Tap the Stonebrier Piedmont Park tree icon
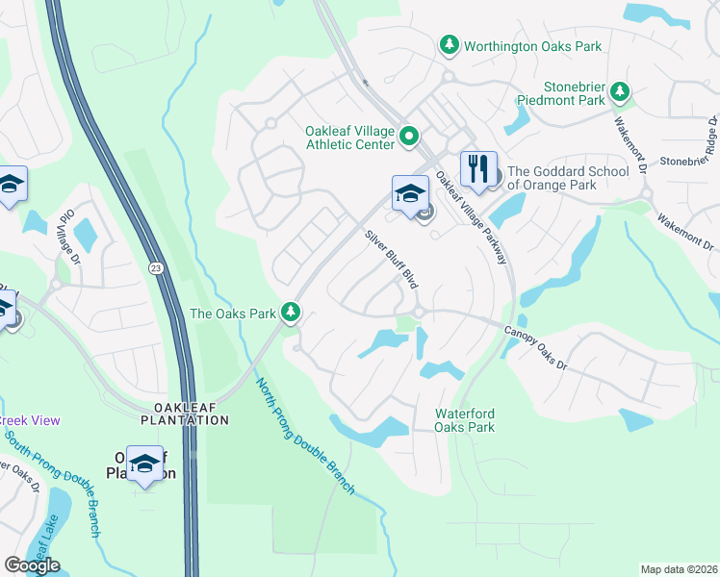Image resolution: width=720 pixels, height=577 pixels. point(621,92)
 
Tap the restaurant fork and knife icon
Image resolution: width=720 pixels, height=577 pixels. point(477,171)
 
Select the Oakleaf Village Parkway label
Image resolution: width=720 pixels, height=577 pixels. point(472,219)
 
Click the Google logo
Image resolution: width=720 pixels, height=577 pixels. point(32,565)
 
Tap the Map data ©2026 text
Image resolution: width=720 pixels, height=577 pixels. point(678,569)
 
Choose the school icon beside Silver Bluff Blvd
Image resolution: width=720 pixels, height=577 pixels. point(409,193)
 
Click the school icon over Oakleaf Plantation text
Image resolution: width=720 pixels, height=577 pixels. point(144,464)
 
